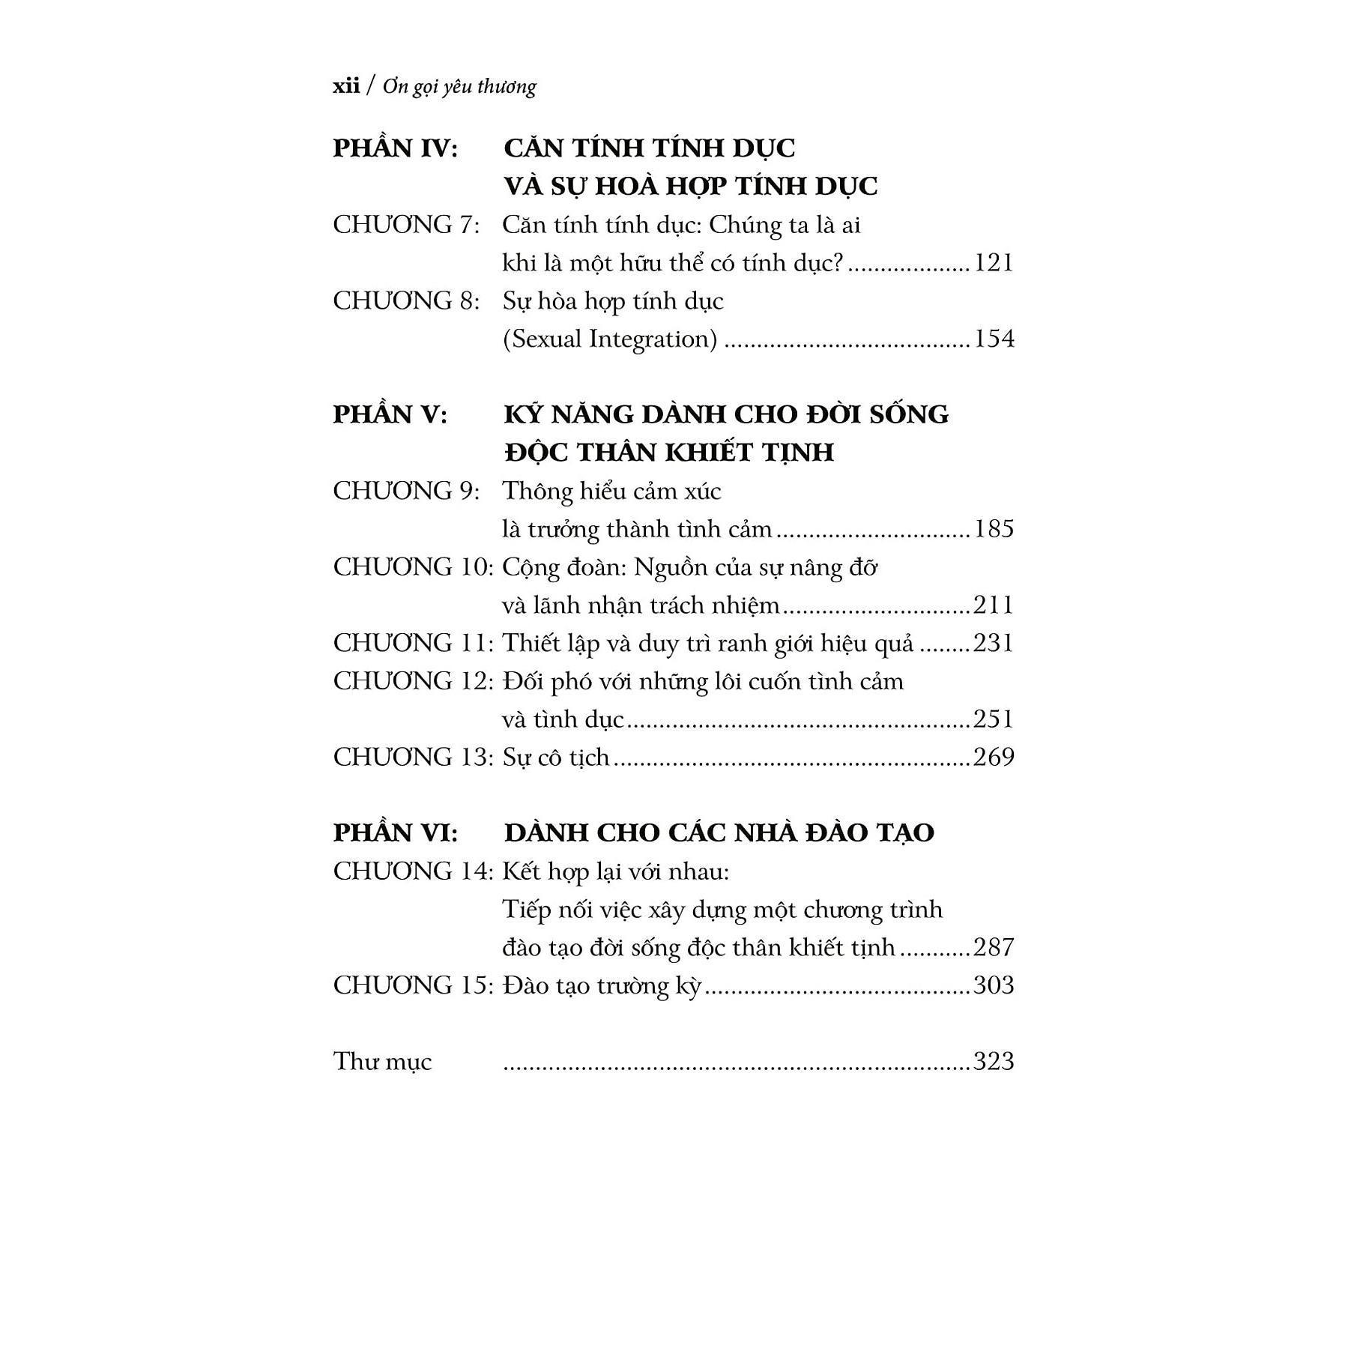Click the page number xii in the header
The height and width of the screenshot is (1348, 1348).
coord(346,86)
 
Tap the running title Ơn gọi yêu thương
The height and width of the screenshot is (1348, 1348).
coord(459,88)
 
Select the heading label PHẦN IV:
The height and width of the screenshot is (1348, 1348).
coord(395,148)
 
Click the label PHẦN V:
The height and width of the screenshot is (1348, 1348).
coord(390,414)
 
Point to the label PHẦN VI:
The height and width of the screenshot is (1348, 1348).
coord(395,832)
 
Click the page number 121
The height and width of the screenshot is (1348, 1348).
coord(994,263)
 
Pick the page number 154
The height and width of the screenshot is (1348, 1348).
coord(994,339)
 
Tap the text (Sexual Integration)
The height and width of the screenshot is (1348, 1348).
coord(610,339)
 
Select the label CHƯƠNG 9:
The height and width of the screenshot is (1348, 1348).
coord(406,492)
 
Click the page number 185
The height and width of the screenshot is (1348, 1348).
coord(994,529)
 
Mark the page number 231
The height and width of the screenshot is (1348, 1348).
coord(994,643)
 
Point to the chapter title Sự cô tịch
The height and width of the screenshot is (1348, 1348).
coord(556,758)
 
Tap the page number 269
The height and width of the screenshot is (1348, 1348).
coord(994,757)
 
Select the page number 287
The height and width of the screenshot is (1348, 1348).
coord(994,947)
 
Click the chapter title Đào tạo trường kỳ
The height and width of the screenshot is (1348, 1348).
coord(602,985)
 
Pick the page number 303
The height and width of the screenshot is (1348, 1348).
coord(994,985)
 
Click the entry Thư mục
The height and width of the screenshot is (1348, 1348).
coord(383,1062)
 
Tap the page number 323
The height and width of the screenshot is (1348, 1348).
coord(994,1061)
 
